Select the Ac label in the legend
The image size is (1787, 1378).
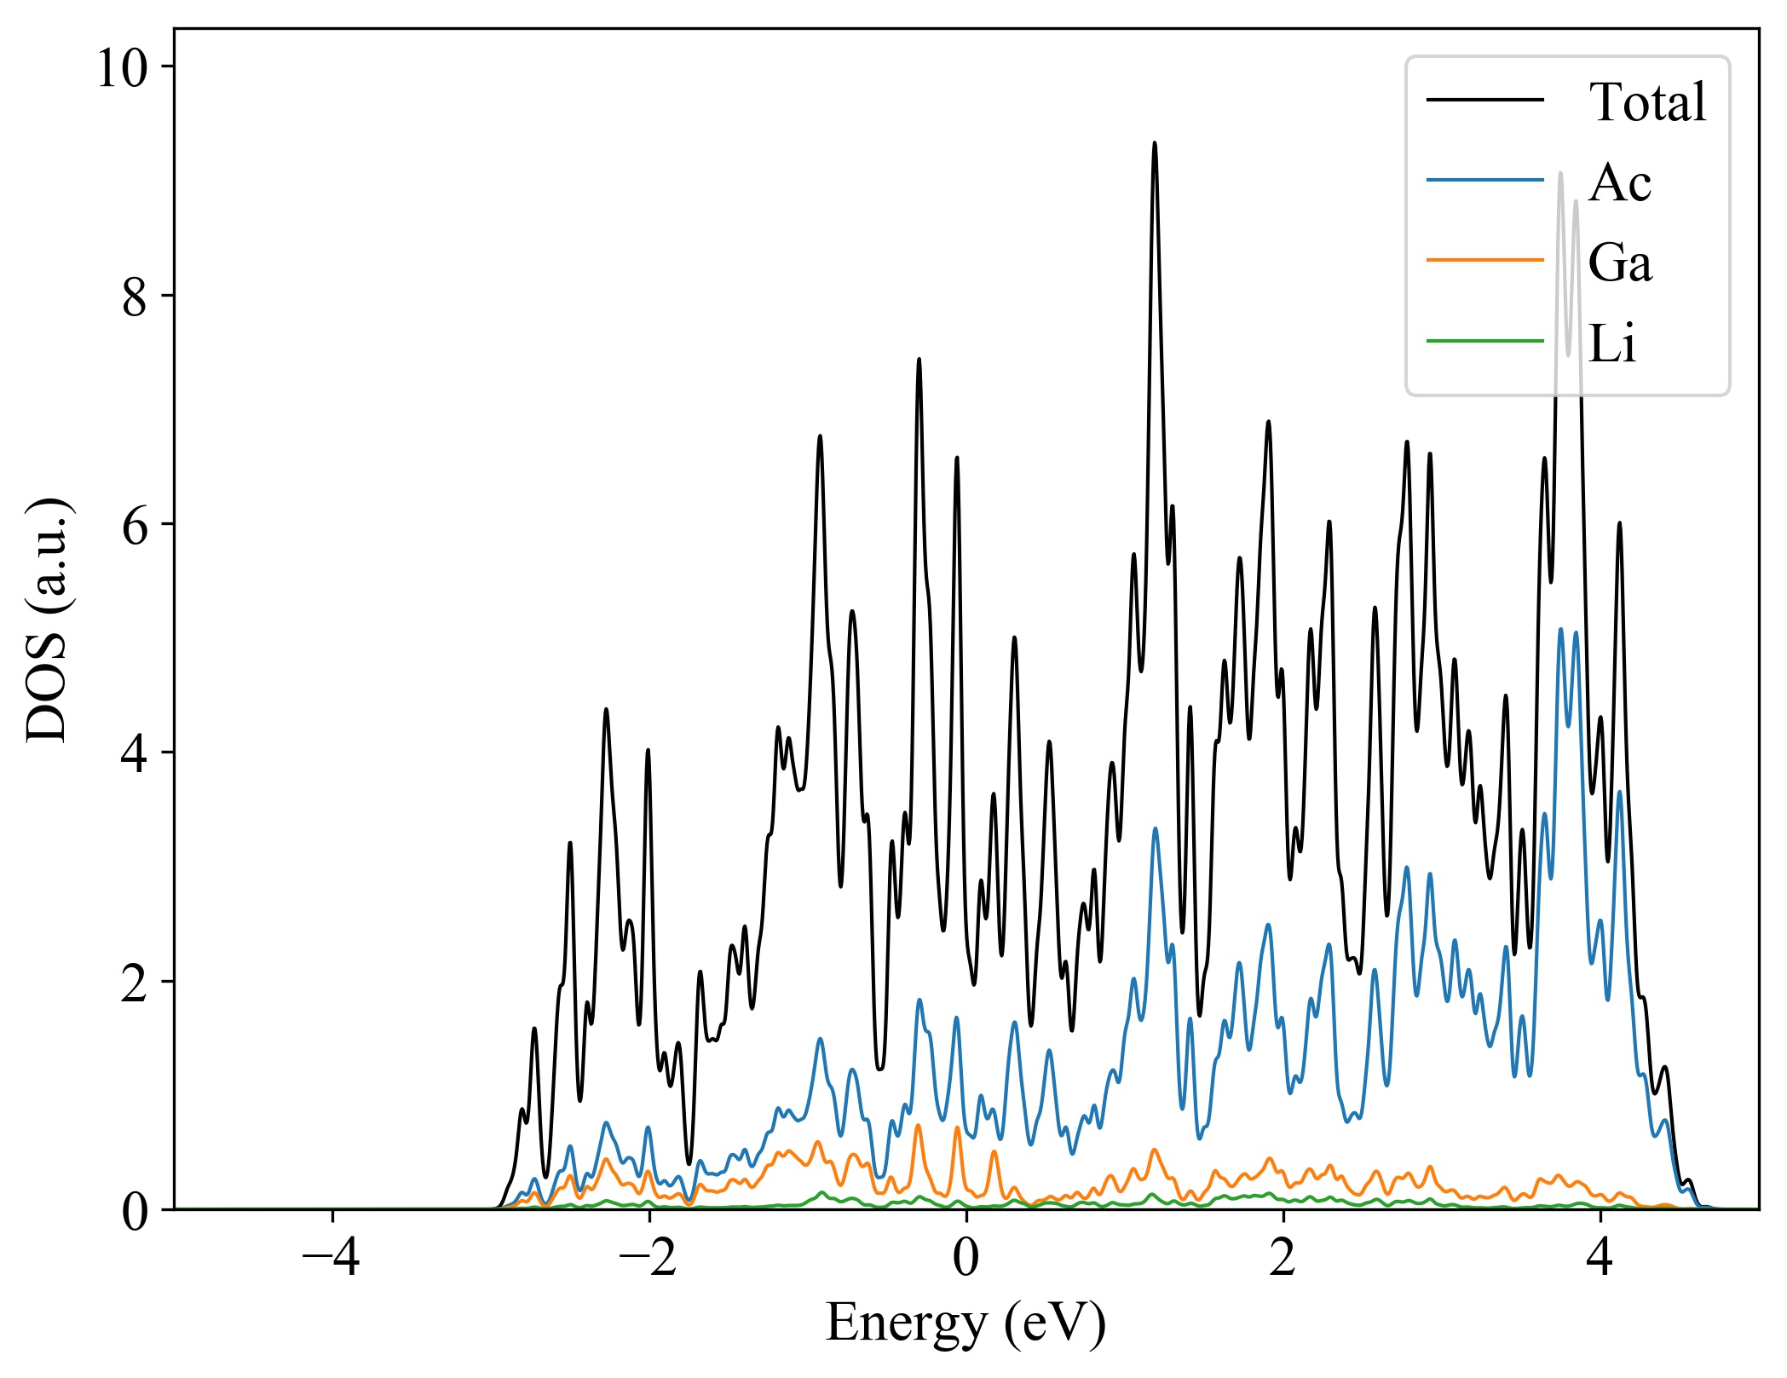pyautogui.click(x=1619, y=182)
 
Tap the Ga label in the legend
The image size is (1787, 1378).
pyautogui.click(x=1619, y=262)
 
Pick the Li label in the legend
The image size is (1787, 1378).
pyautogui.click(x=1611, y=343)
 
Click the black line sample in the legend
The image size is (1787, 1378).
pyautogui.click(x=1484, y=101)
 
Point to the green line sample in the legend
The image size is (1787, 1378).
pyautogui.click(x=1484, y=342)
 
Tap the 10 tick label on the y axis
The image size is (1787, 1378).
pyautogui.click(x=123, y=68)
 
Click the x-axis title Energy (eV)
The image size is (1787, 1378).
pyautogui.click(x=966, y=1323)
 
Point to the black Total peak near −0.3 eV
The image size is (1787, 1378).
pyautogui.click(x=919, y=360)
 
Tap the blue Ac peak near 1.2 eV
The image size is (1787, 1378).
pyautogui.click(x=1156, y=828)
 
